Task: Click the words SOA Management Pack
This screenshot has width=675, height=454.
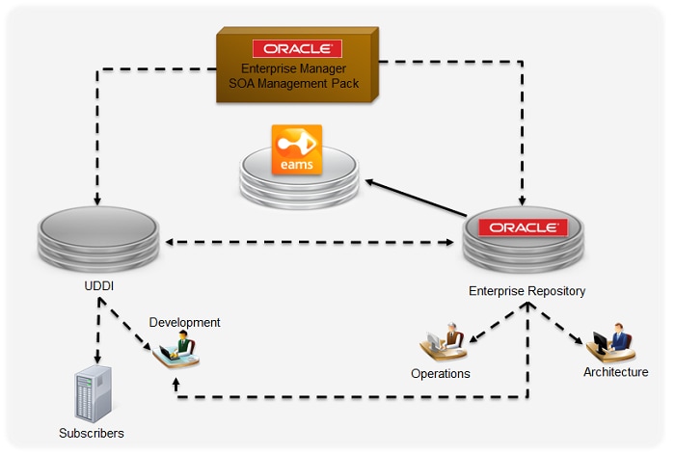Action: [294, 83]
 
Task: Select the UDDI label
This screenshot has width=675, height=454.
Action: [98, 287]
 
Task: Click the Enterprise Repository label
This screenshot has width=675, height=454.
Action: [526, 290]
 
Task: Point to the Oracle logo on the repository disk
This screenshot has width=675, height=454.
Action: [523, 227]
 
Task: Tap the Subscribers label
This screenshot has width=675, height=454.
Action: [92, 434]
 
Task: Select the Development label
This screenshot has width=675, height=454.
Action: [184, 322]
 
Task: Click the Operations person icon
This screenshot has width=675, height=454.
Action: [443, 342]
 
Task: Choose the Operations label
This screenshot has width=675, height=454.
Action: [441, 373]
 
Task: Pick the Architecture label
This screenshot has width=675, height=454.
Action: [616, 372]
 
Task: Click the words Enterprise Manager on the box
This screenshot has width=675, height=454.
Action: [294, 68]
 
